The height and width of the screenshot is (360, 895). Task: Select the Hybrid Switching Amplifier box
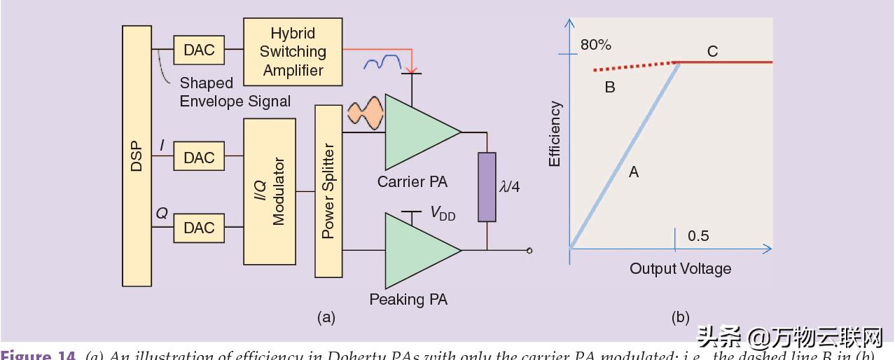[x=293, y=51]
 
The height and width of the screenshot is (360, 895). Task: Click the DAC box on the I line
[x=199, y=157]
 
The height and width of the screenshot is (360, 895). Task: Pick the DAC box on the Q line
[x=199, y=228]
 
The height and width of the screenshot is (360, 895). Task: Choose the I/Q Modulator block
[x=270, y=191]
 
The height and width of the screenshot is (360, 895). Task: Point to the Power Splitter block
[x=328, y=191]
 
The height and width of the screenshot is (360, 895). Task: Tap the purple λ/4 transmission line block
[x=487, y=187]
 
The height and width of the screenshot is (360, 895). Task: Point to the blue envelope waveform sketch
[x=383, y=63]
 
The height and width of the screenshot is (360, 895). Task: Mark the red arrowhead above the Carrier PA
[x=412, y=69]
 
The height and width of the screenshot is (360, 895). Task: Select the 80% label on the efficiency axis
[x=596, y=45]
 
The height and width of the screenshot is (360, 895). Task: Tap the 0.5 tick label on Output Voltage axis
[x=698, y=235]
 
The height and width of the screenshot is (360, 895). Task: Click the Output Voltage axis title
[x=680, y=268]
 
